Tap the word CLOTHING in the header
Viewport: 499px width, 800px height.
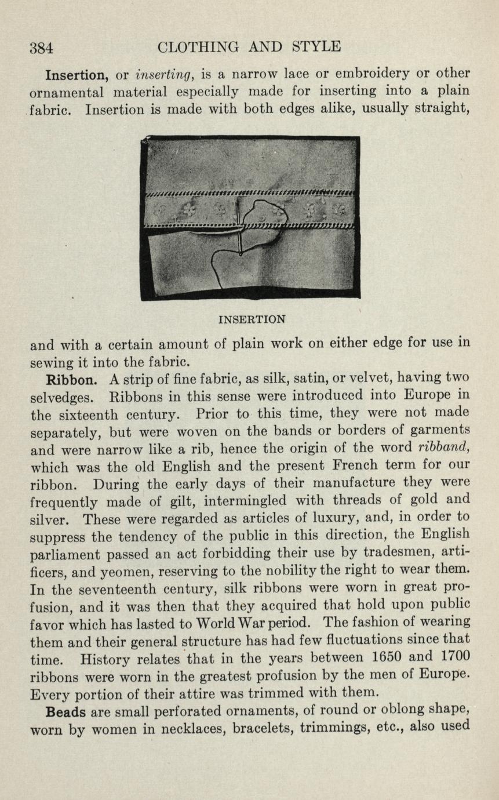click(199, 46)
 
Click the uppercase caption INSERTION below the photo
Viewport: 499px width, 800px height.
click(252, 319)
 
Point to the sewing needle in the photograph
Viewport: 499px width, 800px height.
click(239, 226)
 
